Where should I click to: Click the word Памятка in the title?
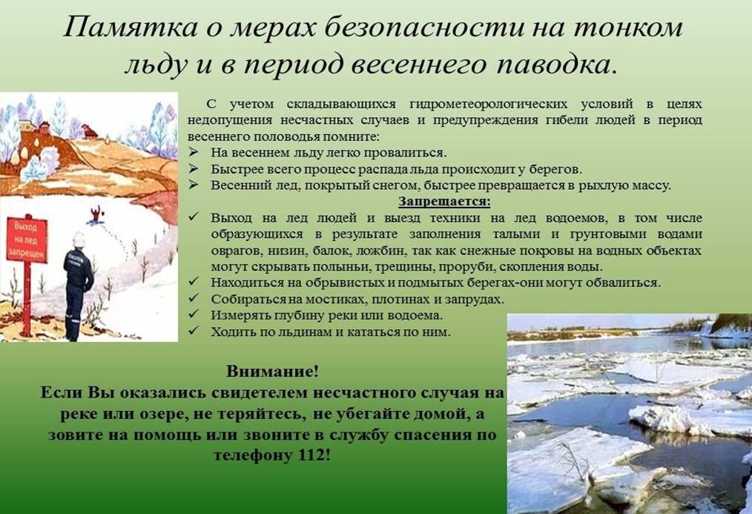click(130, 27)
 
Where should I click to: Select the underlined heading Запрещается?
click(444, 202)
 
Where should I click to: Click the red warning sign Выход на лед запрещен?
click(27, 240)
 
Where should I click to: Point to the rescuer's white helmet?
click(79, 240)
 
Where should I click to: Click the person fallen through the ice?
click(97, 214)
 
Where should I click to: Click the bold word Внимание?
click(272, 372)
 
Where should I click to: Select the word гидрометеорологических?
click(488, 105)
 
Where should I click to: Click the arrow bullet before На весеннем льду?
click(194, 153)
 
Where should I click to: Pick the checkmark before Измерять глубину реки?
click(194, 314)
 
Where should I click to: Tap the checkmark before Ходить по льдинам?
click(194, 331)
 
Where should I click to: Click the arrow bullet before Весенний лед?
click(194, 185)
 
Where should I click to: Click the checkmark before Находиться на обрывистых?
click(194, 281)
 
